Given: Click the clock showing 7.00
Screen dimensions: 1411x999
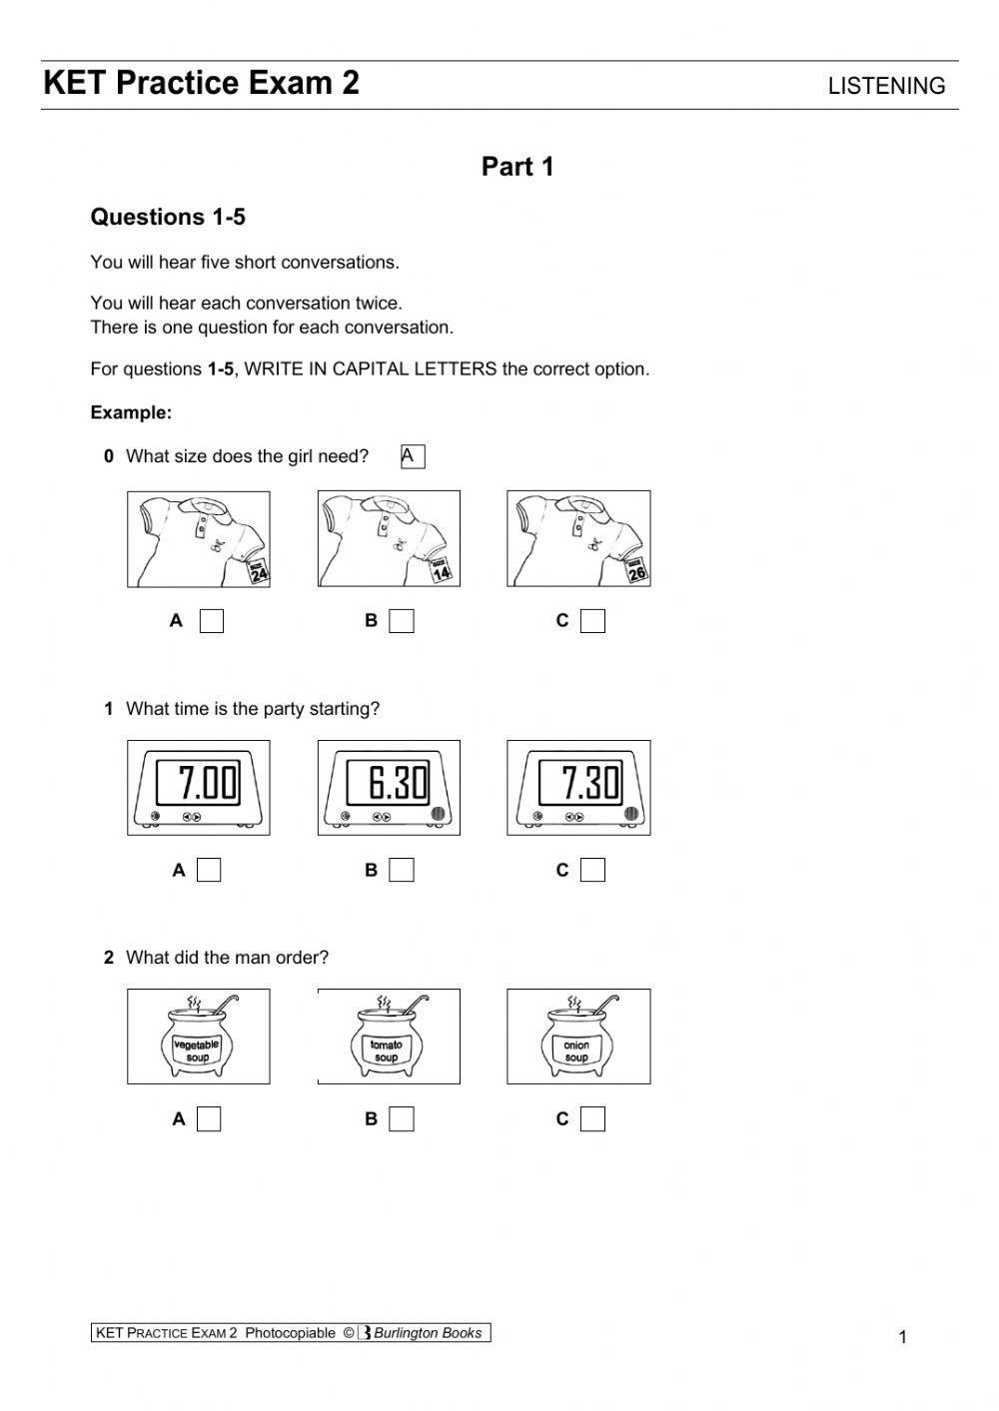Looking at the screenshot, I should click(x=198, y=788).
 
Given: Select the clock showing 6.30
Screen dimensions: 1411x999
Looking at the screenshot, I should click(x=389, y=788).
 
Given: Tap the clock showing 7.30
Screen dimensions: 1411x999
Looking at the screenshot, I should click(x=578, y=788).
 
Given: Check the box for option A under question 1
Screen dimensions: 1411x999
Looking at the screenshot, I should click(x=209, y=870).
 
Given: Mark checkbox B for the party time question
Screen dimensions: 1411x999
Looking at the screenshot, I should click(x=402, y=870).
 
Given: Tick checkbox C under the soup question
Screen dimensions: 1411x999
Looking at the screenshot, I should click(x=592, y=1119).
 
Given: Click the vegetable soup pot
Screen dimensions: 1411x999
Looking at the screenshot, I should click(x=198, y=1038).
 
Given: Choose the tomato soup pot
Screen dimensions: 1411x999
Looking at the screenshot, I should click(x=389, y=1038).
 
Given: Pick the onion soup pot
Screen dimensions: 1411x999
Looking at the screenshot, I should click(x=578, y=1038).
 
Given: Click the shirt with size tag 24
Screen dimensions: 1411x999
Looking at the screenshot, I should click(x=198, y=539).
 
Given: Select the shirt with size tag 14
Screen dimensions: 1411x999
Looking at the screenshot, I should click(x=389, y=539).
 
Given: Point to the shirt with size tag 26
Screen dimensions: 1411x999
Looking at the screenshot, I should click(x=578, y=539).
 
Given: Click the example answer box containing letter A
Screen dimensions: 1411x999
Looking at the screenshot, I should click(x=413, y=456).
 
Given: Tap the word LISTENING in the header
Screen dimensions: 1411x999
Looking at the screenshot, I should click(x=886, y=86).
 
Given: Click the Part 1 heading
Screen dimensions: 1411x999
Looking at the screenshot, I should click(x=517, y=167).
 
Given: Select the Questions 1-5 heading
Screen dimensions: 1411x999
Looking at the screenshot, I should click(x=168, y=217).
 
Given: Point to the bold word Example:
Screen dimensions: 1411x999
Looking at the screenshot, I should click(x=131, y=412).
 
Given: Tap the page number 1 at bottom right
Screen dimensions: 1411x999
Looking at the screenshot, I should click(x=903, y=1337).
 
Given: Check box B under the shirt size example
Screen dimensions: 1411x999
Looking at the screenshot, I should click(x=402, y=621).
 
